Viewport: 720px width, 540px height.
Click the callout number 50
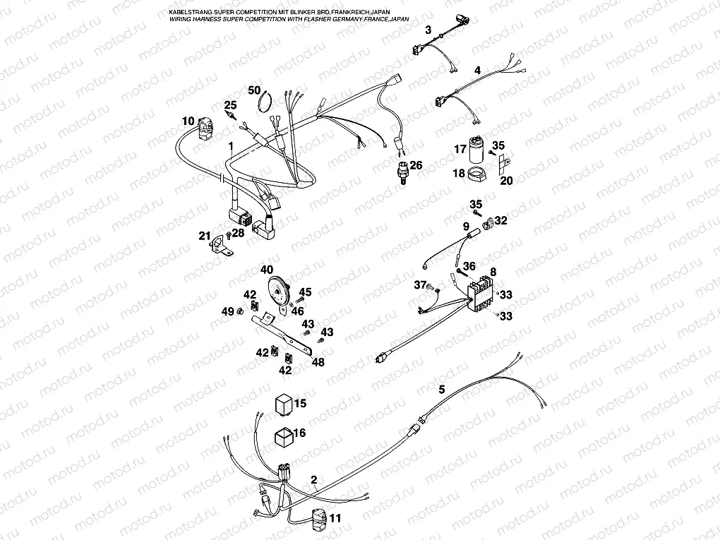pos(255,90)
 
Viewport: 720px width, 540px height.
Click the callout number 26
pos(416,165)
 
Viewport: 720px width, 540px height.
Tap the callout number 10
pos(187,121)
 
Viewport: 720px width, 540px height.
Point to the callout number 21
pos(204,235)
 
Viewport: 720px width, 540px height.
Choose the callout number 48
pos(318,362)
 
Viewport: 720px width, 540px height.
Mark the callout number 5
pos(442,389)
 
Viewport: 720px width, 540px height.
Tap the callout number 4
pos(477,71)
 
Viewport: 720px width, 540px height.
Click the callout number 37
pos(421,284)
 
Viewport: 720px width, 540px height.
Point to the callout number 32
pos(500,221)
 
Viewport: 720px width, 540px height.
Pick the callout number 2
pos(313,479)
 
